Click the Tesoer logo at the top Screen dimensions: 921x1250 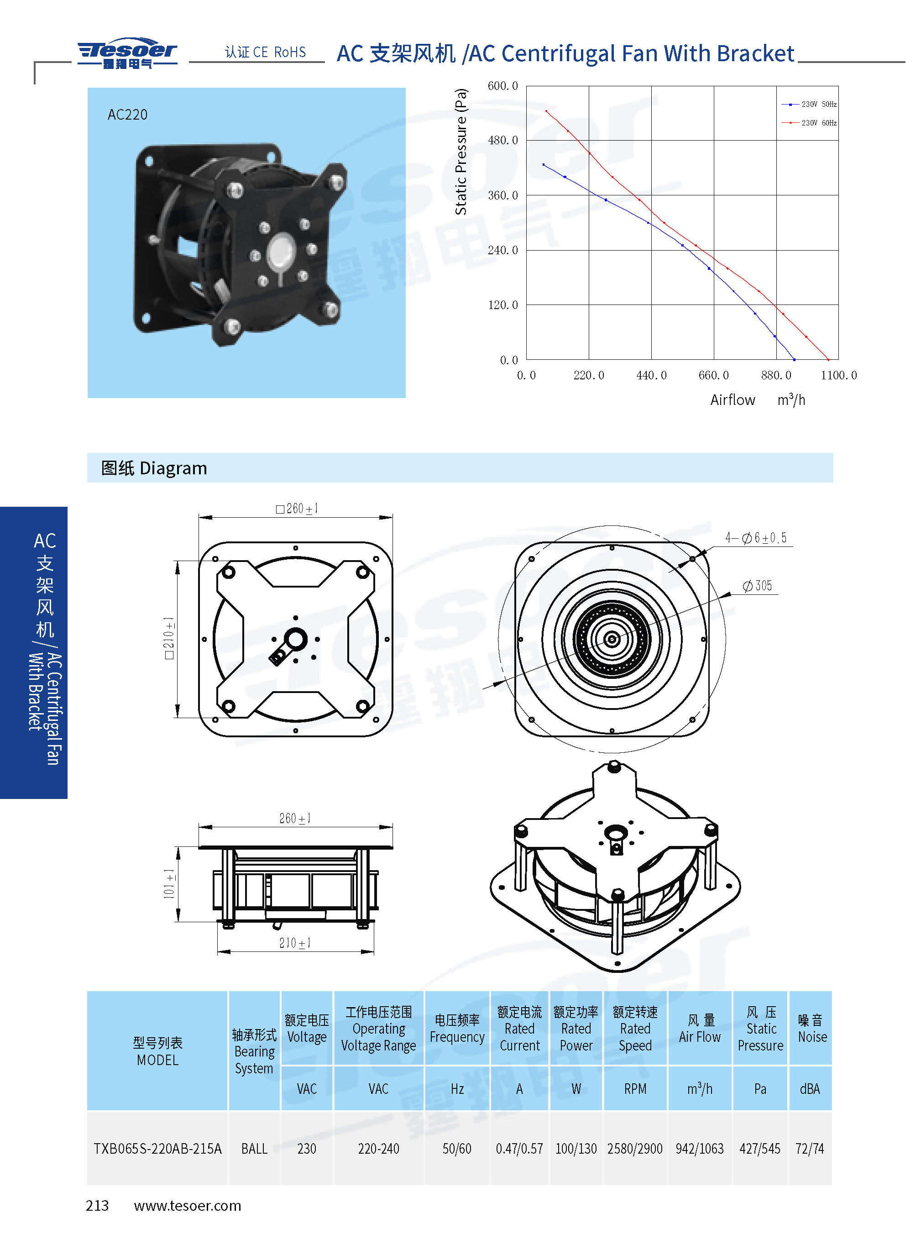point(127,53)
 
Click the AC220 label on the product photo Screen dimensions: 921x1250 point(128,115)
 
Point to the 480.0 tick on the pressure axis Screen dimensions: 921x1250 point(503,141)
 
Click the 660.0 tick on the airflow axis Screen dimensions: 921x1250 point(714,375)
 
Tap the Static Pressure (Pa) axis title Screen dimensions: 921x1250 point(461,152)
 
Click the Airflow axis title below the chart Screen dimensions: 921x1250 point(733,400)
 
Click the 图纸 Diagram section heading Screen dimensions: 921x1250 point(154,468)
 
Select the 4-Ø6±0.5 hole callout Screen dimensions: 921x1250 point(756,537)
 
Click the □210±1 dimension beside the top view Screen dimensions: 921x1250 point(169,638)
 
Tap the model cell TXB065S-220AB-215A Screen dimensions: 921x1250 point(158,1149)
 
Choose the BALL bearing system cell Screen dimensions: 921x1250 point(254,1149)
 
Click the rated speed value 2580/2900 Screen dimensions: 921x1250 point(635,1149)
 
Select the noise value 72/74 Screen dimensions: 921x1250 point(810,1149)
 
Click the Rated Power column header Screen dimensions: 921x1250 point(576,1029)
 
